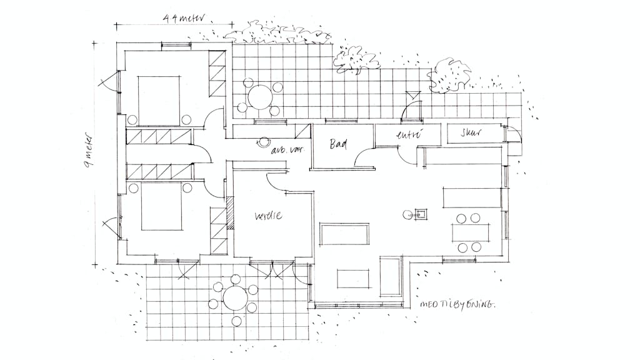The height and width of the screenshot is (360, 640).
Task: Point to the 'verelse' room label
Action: tap(268, 216)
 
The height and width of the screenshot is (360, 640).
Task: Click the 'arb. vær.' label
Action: tap(286, 151)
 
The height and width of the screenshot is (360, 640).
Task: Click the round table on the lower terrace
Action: tap(235, 297)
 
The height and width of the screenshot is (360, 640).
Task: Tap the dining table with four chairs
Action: tap(469, 232)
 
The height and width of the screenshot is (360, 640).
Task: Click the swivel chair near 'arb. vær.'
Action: tap(264, 142)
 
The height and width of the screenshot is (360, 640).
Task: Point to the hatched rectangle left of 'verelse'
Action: tap(230, 213)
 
